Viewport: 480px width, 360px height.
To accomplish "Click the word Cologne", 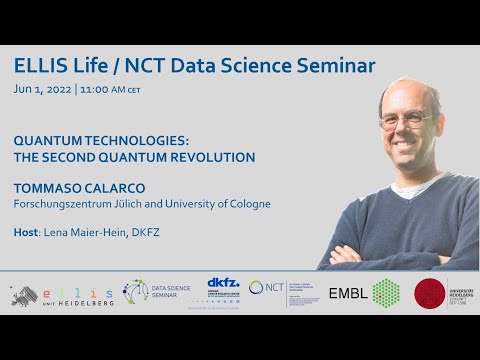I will click(246, 204).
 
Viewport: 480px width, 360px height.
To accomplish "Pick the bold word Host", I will click(27, 232).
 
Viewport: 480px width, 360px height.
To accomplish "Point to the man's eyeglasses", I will click(405, 120).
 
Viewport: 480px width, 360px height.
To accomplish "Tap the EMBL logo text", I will click(348, 293).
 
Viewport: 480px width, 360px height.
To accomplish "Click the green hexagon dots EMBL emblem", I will click(385, 292).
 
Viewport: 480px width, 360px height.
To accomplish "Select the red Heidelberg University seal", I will click(430, 293).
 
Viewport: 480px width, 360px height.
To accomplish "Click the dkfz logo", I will click(222, 287).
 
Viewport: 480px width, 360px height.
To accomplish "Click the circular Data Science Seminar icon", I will click(135, 291).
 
